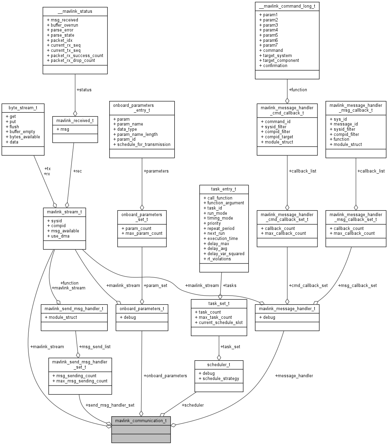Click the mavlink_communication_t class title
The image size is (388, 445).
point(141,420)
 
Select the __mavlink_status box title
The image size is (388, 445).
point(75,11)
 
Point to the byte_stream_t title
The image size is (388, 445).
point(23,108)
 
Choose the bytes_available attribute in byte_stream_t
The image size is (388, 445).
point(23,137)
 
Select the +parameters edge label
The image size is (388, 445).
point(156,171)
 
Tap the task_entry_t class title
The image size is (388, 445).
point(223,189)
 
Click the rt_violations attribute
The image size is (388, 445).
point(217,259)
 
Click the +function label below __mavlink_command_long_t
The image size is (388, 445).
point(298,90)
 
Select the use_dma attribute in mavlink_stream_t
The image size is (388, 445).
point(58,236)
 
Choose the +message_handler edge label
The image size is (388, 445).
point(294,376)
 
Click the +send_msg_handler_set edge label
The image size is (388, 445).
point(110,405)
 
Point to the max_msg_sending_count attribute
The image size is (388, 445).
point(80,381)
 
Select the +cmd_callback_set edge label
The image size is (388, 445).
point(308,285)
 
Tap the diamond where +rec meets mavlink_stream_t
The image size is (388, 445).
point(67,205)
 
